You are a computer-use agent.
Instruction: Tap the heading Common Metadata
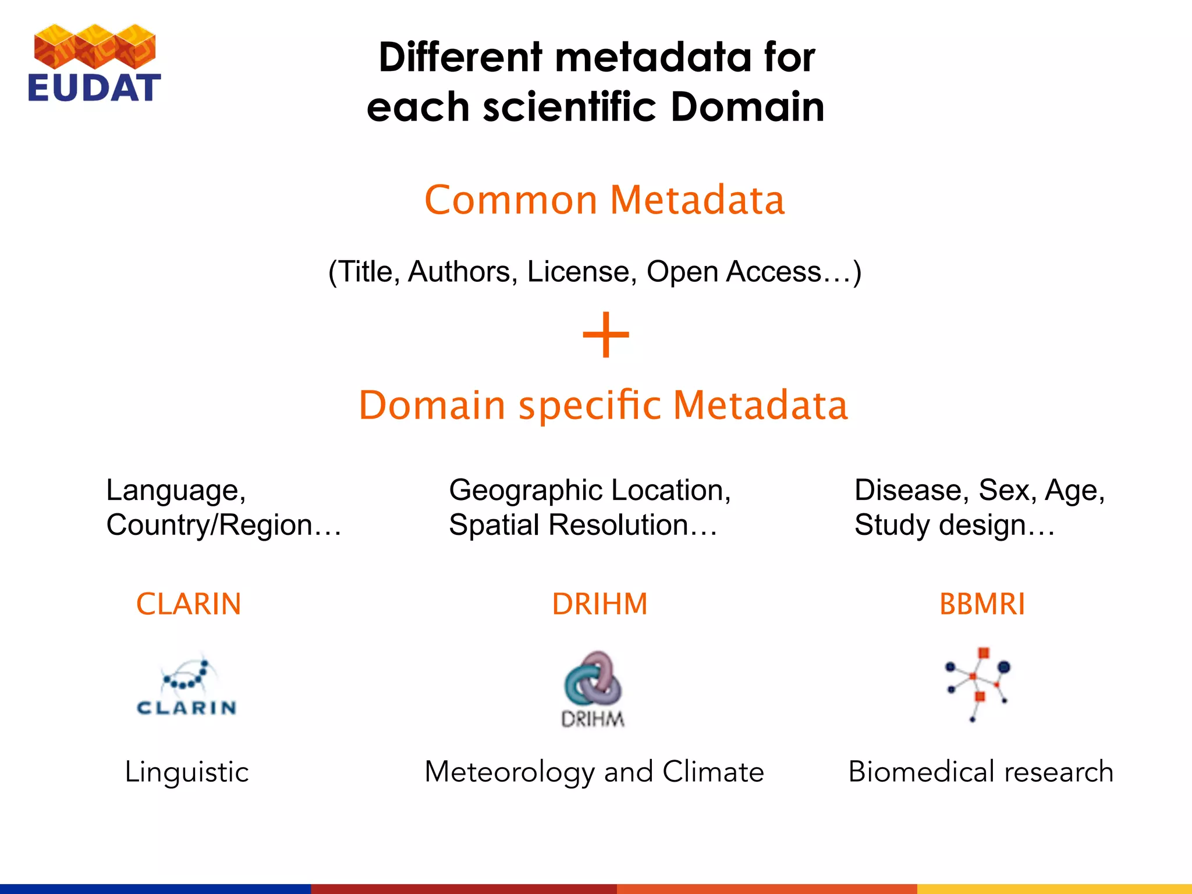click(x=604, y=200)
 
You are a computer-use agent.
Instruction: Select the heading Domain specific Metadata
click(x=603, y=405)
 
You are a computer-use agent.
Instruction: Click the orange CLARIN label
click(x=189, y=604)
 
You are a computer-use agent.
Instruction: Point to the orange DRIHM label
click(x=599, y=604)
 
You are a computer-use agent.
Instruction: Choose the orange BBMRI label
click(x=982, y=604)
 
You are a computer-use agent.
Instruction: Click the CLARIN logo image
click(x=186, y=687)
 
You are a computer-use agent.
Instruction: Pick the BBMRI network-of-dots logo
click(x=978, y=684)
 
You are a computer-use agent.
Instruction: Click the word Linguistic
click(x=187, y=772)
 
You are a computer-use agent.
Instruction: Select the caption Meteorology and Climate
click(x=594, y=772)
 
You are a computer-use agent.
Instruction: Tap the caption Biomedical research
click(x=981, y=772)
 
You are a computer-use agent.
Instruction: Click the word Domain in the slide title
click(x=747, y=107)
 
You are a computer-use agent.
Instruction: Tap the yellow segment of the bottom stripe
click(x=1054, y=889)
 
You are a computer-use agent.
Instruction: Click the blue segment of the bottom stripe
click(x=155, y=889)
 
